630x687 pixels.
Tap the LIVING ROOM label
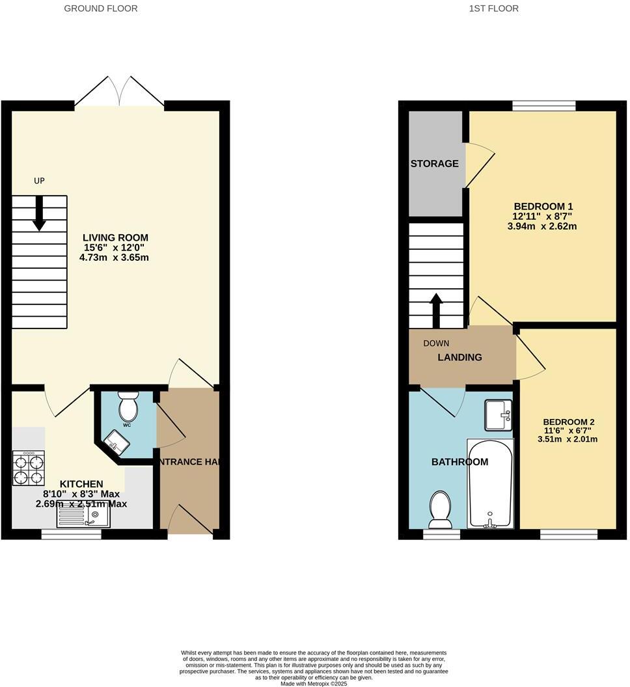(116, 237)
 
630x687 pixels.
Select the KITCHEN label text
(81, 484)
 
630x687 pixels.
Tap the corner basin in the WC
(116, 443)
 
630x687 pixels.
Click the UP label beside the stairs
(39, 181)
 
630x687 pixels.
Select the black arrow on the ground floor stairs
(39, 213)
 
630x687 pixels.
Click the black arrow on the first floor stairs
(435, 310)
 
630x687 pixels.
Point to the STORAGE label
(434, 164)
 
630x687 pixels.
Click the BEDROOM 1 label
(543, 206)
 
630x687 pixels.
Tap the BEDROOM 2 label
(568, 422)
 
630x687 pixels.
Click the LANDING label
(459, 357)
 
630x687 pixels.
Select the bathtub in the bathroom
(490, 483)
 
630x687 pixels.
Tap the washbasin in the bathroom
(499, 415)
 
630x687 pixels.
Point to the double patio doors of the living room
(119, 91)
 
